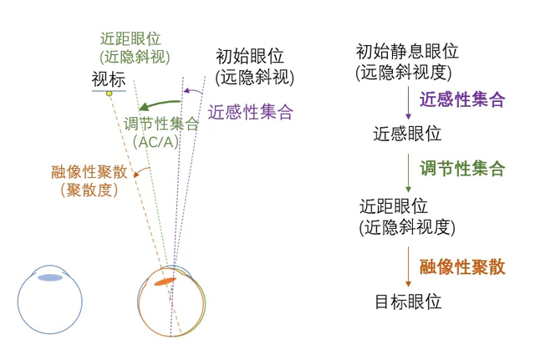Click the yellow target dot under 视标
109,94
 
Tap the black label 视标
109,80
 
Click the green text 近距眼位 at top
130,39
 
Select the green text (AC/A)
155,142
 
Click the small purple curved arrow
193,91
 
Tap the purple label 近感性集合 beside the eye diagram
251,112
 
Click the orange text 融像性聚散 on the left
89,172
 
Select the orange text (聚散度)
89,190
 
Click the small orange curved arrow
141,171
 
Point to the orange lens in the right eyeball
166,281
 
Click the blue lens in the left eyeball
50,278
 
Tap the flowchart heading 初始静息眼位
407,52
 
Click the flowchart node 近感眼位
407,134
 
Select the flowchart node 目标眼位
408,302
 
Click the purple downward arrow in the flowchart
408,103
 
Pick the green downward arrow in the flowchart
408,173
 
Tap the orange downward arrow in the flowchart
408,267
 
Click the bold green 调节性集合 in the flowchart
462,169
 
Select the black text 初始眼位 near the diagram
250,56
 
